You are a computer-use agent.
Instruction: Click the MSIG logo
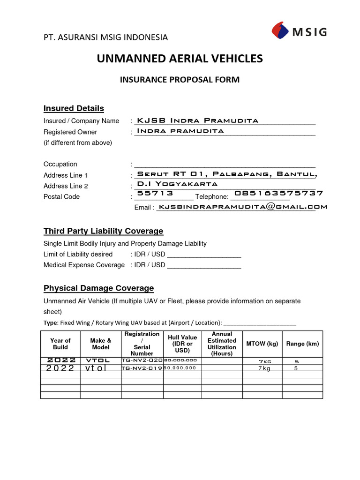299,31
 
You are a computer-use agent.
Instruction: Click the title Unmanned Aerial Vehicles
180,59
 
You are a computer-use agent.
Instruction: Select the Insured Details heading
74,108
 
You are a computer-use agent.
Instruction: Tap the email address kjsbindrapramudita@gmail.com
243,206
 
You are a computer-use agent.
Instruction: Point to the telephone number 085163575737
278,193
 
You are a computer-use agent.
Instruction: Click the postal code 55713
155,193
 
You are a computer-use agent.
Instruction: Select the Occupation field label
60,164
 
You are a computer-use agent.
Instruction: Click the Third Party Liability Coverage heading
103,231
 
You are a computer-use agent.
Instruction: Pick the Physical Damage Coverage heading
98,288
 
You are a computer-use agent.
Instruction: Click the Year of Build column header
60,344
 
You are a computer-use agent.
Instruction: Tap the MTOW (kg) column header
262,344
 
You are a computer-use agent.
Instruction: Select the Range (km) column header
302,344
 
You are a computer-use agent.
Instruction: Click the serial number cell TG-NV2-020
142,360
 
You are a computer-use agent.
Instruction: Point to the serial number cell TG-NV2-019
142,368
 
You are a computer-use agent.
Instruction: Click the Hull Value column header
182,344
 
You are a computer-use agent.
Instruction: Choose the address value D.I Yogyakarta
177,183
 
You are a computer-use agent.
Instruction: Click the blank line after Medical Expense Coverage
204,265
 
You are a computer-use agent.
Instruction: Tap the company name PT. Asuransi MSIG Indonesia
105,37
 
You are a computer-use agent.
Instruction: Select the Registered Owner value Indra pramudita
180,131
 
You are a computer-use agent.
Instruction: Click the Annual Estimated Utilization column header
222,344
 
